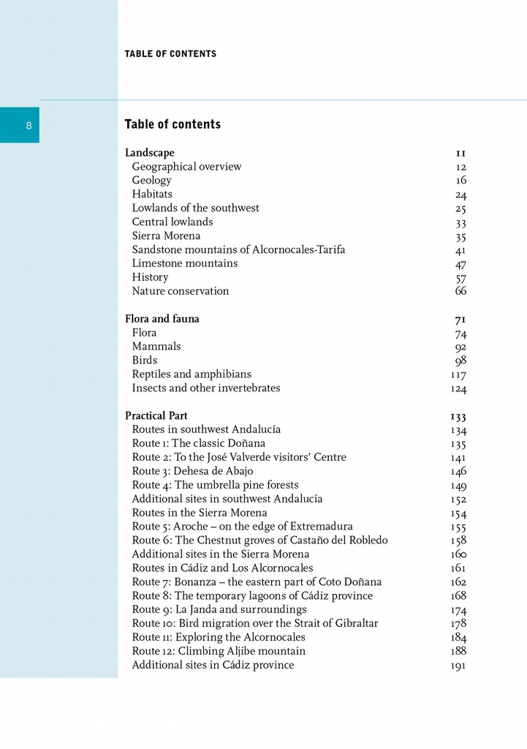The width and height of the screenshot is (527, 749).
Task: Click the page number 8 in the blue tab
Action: click(x=29, y=125)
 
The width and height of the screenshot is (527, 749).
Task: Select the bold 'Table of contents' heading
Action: click(x=172, y=124)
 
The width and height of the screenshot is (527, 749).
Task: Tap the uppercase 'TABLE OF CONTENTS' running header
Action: click(x=170, y=54)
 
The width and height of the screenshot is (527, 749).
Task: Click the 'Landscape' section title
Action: click(x=150, y=153)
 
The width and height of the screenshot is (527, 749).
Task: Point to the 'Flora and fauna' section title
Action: click(x=162, y=319)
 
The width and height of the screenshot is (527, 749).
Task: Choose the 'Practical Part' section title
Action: click(x=156, y=416)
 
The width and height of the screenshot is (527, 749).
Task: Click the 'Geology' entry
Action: click(x=151, y=181)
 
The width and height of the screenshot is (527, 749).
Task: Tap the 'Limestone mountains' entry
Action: click(x=185, y=263)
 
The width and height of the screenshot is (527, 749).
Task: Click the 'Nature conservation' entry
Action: click(x=181, y=291)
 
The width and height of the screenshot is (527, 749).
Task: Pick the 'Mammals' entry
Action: click(x=156, y=347)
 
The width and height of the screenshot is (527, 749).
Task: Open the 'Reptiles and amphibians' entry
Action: click(x=192, y=374)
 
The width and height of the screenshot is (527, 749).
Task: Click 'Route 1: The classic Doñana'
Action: click(x=199, y=443)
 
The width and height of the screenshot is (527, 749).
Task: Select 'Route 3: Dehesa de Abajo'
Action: click(x=192, y=471)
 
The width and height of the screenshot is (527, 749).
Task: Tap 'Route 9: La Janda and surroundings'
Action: click(x=219, y=609)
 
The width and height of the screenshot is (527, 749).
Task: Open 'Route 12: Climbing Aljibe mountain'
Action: click(x=219, y=651)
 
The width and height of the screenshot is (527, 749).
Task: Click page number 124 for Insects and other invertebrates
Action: click(x=458, y=388)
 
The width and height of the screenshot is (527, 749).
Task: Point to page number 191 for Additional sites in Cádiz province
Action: click(x=458, y=666)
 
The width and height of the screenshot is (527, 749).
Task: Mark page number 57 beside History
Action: click(x=460, y=278)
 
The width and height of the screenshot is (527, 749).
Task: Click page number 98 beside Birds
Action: click(x=460, y=361)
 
